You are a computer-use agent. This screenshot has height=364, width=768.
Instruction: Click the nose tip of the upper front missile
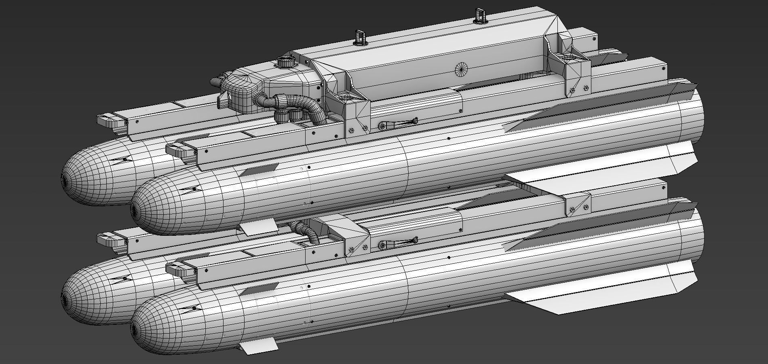click(133, 209)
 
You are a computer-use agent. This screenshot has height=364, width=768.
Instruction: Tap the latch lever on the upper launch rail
click(398, 123)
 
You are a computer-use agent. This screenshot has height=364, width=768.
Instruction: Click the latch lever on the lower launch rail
click(398, 244)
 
